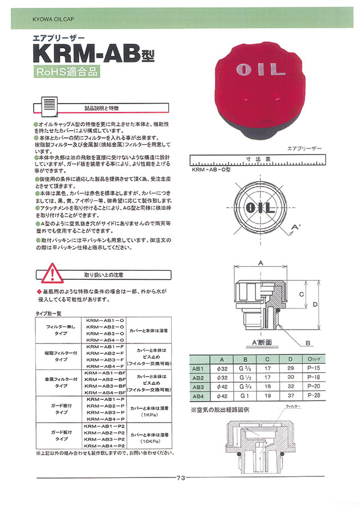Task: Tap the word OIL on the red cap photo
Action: [260, 70]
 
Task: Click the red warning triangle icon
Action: [48, 275]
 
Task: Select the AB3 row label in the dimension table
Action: [198, 387]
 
